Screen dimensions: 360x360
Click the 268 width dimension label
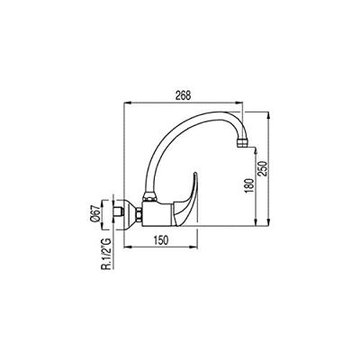[183, 95]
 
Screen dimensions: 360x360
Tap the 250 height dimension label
[263, 168]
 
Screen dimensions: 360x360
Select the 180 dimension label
[249, 185]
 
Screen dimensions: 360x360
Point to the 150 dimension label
[161, 240]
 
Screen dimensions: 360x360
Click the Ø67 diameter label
[95, 214]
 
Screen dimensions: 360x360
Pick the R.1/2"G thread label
[106, 254]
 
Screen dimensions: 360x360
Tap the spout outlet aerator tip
[242, 143]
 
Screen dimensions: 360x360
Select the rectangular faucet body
[157, 213]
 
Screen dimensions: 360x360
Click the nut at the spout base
[149, 197]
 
